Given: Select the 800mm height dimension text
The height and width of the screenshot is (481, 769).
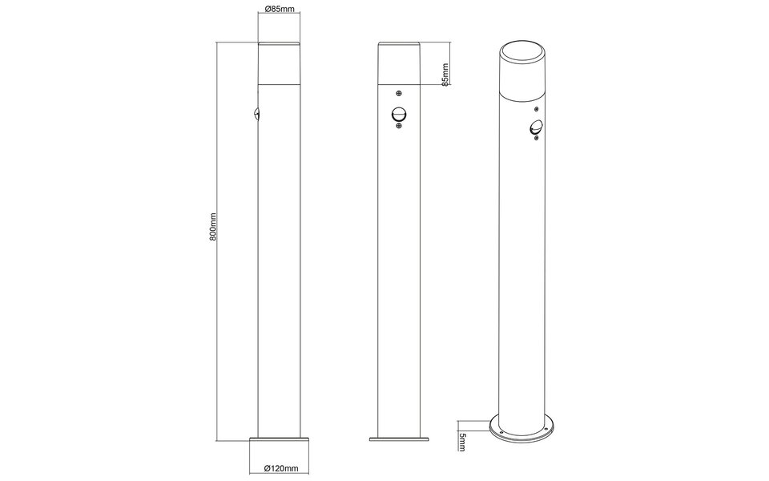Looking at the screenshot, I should coord(213,228).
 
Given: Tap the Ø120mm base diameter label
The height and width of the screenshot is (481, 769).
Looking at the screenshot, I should coord(280,468).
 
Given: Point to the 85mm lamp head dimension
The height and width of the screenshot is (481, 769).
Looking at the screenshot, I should coord(445,74).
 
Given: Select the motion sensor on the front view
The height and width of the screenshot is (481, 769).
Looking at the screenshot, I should coord(398,116).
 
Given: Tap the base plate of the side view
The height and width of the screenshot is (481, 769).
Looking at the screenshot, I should coord(280,439).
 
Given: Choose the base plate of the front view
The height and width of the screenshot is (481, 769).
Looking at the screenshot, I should coord(398,439).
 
